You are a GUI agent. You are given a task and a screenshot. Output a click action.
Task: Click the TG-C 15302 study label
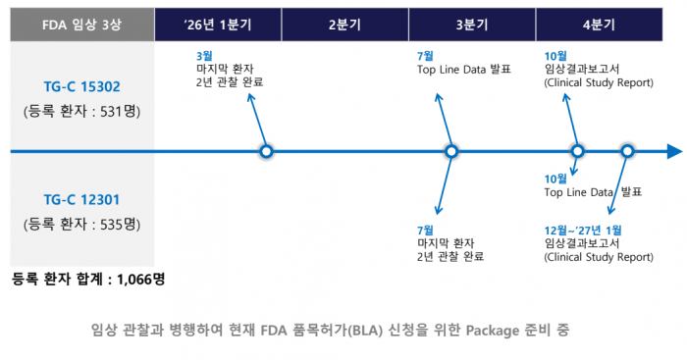coord(81,85)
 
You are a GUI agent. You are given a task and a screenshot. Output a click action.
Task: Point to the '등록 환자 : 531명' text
coord(81,111)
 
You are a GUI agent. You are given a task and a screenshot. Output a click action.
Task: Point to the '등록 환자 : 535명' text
coord(81,224)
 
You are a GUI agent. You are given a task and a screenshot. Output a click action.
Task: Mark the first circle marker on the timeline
coord(266,152)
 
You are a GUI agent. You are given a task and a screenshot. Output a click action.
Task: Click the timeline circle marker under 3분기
coord(451,152)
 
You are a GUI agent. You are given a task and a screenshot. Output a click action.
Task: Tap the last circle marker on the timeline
coord(628,152)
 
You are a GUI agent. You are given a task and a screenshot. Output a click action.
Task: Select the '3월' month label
coord(206,56)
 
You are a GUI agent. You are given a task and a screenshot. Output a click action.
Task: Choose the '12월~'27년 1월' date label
coord(582,230)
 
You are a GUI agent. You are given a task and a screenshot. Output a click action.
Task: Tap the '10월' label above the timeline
coord(555,56)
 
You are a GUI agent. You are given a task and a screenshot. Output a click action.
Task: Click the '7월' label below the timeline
coord(427,230)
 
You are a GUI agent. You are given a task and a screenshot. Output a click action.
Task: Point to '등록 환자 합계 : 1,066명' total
coord(88,279)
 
